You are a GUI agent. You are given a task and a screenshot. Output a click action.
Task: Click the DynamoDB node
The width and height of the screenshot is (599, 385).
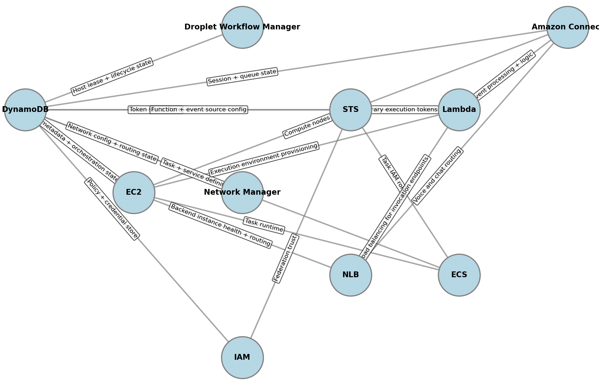[x=25, y=110]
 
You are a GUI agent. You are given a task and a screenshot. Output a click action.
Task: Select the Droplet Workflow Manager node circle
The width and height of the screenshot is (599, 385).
[x=242, y=27]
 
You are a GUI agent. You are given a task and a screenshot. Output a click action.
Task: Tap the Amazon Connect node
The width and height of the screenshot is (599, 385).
[x=567, y=27]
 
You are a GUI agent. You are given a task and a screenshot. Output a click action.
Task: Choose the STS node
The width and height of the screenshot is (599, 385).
[x=351, y=110]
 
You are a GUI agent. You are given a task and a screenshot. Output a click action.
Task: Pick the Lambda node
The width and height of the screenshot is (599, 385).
[x=459, y=110]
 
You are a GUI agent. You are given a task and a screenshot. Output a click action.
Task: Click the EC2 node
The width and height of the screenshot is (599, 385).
[x=134, y=193]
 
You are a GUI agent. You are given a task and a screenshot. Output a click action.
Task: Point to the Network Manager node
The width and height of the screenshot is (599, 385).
[x=242, y=193]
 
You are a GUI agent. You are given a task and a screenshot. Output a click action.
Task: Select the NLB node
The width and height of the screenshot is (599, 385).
[x=351, y=275]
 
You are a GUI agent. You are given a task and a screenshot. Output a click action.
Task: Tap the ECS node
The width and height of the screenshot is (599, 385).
[x=459, y=275]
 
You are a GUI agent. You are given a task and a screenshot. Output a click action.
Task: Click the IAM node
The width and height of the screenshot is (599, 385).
[x=242, y=358]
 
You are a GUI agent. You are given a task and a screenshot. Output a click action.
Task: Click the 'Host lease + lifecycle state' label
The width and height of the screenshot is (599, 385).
[x=112, y=77]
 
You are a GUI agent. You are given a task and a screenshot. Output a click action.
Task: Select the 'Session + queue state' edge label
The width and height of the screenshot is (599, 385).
[x=242, y=77]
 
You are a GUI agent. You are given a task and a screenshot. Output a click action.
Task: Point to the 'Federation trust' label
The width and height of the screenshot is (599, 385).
[x=285, y=259]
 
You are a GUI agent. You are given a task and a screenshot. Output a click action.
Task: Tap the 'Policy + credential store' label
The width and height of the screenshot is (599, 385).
[x=112, y=209]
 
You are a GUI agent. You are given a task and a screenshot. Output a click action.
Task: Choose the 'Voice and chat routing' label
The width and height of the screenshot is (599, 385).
[x=438, y=176]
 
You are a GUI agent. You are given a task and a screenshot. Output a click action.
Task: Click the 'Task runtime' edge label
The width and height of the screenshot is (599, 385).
[x=264, y=225]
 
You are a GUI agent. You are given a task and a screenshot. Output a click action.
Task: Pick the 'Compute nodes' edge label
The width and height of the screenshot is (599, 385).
[x=307, y=126]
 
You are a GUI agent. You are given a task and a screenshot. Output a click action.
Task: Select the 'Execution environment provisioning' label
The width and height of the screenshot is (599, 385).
[x=264, y=159]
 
